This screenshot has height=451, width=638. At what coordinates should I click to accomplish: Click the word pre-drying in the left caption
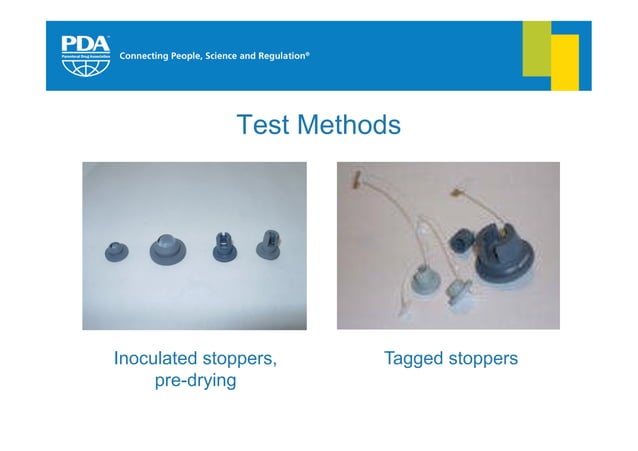click(195, 381)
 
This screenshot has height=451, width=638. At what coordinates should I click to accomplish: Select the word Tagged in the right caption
click(415, 357)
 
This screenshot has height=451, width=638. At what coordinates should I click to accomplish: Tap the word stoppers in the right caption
click(485, 357)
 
